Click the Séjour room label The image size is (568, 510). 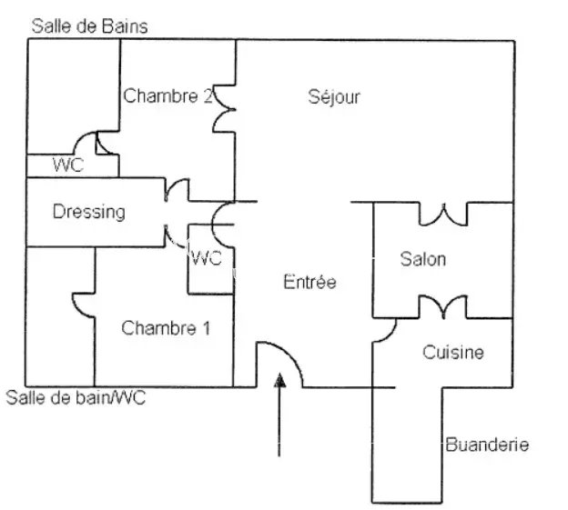click(x=334, y=97)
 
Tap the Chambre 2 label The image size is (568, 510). click(x=167, y=95)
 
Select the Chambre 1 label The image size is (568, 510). click(x=166, y=328)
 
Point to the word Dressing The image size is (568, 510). click(x=88, y=213)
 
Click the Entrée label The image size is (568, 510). click(x=309, y=283)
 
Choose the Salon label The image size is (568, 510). click(x=423, y=259)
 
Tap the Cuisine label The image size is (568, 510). click(x=452, y=352)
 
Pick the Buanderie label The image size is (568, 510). click(x=487, y=445)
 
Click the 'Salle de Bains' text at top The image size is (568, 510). click(x=89, y=25)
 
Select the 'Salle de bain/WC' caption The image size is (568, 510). click(x=76, y=397)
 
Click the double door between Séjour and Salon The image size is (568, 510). click(x=442, y=215)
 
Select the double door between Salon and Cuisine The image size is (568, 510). click(x=442, y=306)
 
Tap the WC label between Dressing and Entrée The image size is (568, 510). click(x=208, y=258)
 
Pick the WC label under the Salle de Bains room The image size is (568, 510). click(x=68, y=165)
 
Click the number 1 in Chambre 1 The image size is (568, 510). click(x=205, y=328)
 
